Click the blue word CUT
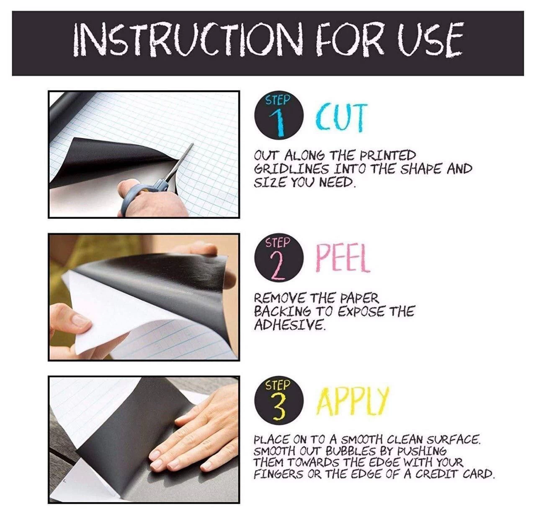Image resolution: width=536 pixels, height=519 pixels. (341, 118)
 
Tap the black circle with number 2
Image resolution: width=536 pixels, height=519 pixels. (279, 259)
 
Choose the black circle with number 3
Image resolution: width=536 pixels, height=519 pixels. (279, 401)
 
